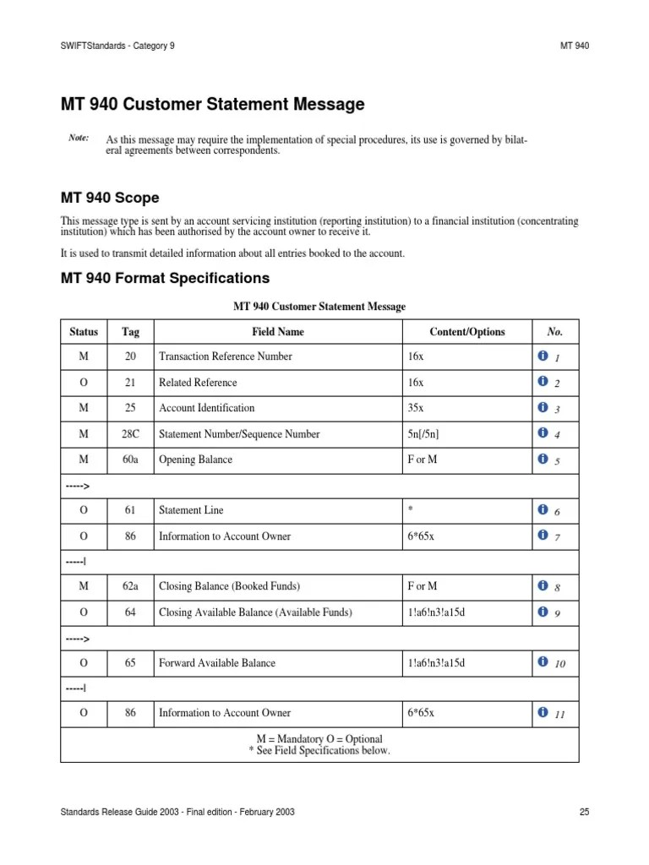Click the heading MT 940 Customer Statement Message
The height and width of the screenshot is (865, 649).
[x=212, y=105]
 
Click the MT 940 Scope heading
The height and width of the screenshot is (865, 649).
[x=110, y=198]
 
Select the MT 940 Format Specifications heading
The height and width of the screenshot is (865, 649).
[x=165, y=277]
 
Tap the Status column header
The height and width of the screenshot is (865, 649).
[x=84, y=332]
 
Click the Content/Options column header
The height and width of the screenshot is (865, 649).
[x=466, y=332]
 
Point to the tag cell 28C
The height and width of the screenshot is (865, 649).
[x=130, y=434]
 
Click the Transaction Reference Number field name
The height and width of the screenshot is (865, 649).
[x=226, y=357]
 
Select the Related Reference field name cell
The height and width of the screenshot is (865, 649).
[x=198, y=383]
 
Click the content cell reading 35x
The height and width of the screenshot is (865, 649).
[x=416, y=408]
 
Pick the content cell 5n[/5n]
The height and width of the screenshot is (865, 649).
[x=423, y=434]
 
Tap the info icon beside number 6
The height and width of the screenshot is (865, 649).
[x=543, y=510]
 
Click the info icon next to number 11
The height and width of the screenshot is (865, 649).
[x=543, y=713]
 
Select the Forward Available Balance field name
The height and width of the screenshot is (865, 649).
[x=217, y=663]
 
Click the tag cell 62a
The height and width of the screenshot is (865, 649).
[x=130, y=586]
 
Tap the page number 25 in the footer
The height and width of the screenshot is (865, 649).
[x=584, y=812]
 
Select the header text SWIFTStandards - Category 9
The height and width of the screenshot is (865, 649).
[x=118, y=45]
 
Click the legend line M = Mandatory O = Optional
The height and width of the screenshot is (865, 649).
[x=319, y=739]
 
